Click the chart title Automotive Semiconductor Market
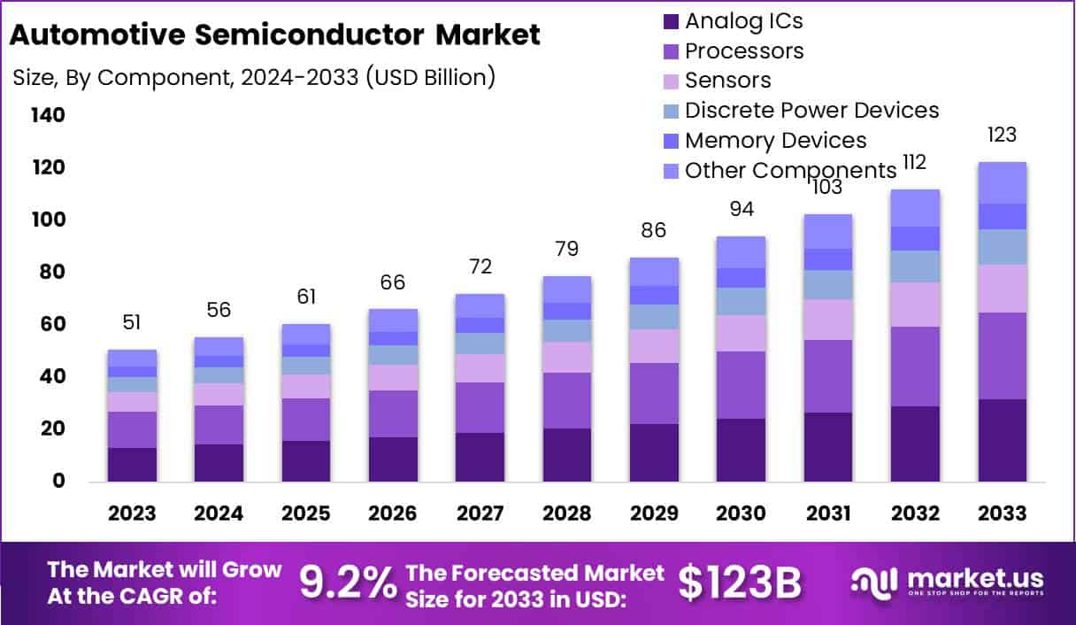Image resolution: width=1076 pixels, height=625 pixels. pos(274,35)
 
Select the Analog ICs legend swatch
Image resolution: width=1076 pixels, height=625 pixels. pos(671,20)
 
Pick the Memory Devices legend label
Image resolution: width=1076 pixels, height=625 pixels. pos(775,141)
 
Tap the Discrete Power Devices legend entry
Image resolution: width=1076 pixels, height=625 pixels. pos(811,111)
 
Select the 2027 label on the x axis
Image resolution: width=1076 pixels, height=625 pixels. pos(480,513)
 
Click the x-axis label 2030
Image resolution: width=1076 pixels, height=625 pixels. pos(741,513)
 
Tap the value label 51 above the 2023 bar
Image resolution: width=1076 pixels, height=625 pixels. pos(132,322)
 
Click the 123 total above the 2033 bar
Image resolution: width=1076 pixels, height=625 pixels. pos(1002,135)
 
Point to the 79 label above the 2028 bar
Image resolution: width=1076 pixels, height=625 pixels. pos(567,249)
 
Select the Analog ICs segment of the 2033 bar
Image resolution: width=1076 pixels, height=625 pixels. pos(1002,440)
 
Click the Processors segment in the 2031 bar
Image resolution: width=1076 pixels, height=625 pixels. pos(827,376)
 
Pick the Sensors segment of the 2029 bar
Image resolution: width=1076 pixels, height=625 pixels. pos(654,346)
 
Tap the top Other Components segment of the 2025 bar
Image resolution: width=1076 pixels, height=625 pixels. pos(307,334)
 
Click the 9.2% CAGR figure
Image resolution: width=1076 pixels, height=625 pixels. pos(348,582)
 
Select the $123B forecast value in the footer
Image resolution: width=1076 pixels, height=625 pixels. pos(739,582)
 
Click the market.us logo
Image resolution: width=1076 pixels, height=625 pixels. pos(948,583)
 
